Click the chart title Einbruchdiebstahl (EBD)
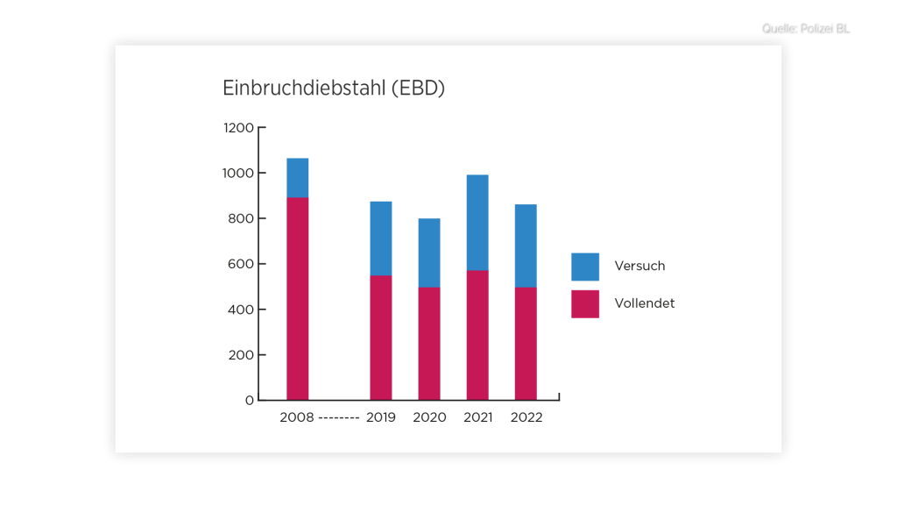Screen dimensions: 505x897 334,89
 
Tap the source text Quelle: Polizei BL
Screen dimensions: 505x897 807,30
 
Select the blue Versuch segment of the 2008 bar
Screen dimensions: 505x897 298,178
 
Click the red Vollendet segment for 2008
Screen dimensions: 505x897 298,298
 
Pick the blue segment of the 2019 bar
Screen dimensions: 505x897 381,238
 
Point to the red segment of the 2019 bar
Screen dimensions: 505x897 381,338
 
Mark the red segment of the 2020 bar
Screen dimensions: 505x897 429,344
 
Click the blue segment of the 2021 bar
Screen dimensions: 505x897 477,223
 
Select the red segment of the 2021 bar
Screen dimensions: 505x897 477,335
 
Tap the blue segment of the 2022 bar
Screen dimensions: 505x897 526,245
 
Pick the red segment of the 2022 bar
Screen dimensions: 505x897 526,344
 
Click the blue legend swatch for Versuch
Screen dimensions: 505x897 585,267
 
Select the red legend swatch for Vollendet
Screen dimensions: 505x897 585,303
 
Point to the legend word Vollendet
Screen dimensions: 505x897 645,303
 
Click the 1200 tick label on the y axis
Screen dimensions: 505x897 237,128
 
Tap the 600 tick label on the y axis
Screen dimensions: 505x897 242,264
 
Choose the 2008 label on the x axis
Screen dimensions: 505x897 296,417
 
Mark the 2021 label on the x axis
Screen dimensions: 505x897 478,417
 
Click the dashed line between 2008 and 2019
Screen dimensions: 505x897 339,418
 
